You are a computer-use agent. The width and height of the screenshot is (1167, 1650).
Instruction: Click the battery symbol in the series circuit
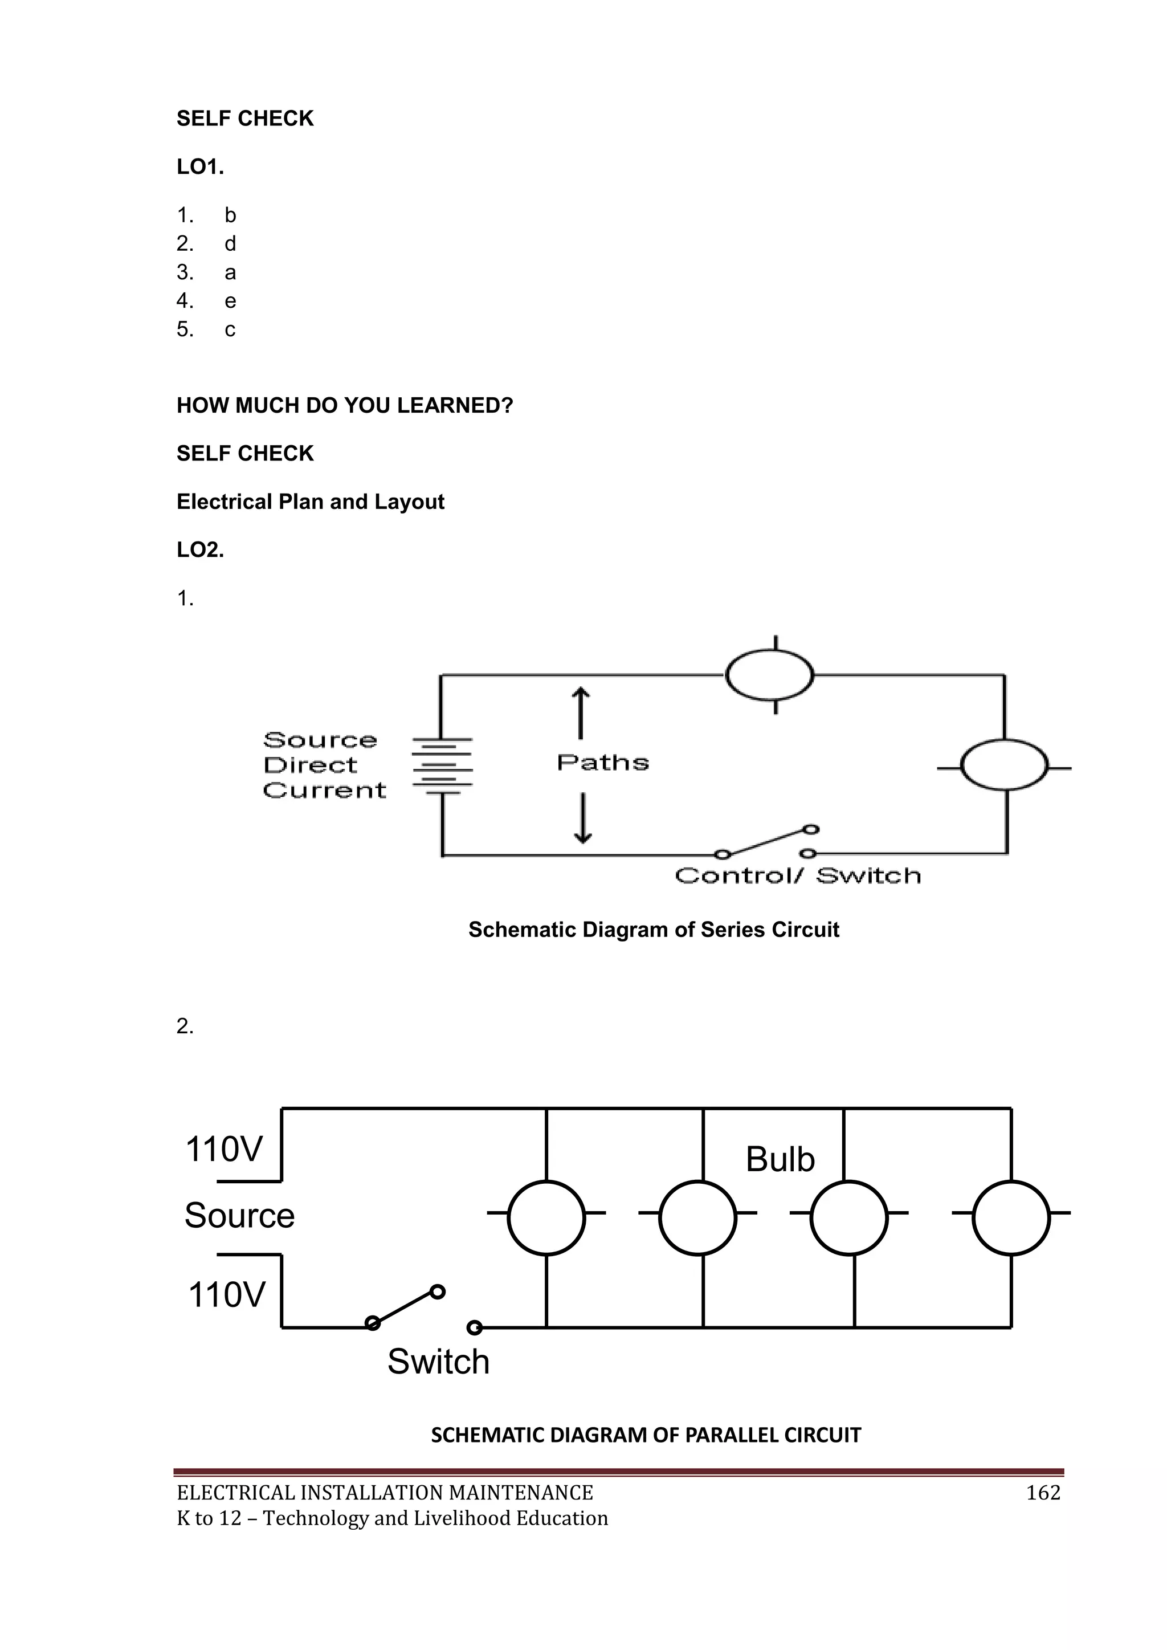coord(442,766)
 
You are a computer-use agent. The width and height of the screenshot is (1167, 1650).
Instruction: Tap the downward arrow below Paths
coord(583,818)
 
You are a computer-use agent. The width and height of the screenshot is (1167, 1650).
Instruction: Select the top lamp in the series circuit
coord(770,675)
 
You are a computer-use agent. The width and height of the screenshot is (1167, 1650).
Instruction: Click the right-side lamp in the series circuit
coord(1004,765)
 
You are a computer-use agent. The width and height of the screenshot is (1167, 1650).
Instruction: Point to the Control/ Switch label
coord(798,876)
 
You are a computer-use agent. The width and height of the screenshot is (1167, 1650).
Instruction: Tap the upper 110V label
coord(224,1149)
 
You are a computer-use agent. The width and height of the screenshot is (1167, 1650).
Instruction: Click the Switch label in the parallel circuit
coord(438,1362)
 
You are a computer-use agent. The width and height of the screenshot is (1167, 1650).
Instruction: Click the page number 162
coord(1043,1493)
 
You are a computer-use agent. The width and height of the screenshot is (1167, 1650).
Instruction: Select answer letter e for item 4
coord(230,301)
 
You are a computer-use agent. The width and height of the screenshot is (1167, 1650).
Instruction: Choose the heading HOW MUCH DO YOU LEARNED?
coord(345,406)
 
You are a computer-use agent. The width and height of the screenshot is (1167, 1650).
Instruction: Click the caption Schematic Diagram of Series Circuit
coord(653,930)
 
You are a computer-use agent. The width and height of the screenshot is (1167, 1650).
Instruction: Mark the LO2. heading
coord(201,551)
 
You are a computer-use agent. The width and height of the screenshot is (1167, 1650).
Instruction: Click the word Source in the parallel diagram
coord(239,1216)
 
